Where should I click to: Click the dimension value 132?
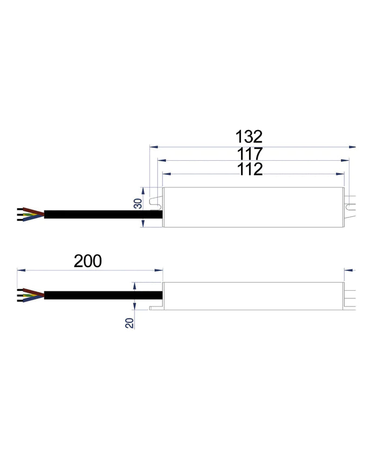tap(249, 135)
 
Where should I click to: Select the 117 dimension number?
tap(249, 153)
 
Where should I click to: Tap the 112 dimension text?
tap(250, 169)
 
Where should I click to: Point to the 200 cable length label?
tap(88, 261)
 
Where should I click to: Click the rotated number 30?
tap(138, 204)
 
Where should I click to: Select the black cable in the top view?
tap(103, 214)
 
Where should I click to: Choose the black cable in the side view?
tap(103, 295)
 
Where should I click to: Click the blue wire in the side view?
tap(32, 298)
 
